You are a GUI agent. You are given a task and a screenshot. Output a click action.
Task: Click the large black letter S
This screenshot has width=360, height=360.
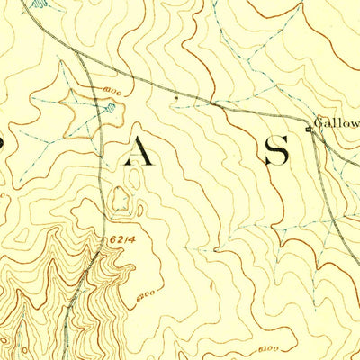click(276, 150)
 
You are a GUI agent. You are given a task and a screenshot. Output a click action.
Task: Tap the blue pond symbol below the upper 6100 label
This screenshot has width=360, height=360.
click(107, 110)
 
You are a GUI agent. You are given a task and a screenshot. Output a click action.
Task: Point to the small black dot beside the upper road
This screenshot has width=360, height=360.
click(175, 93)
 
